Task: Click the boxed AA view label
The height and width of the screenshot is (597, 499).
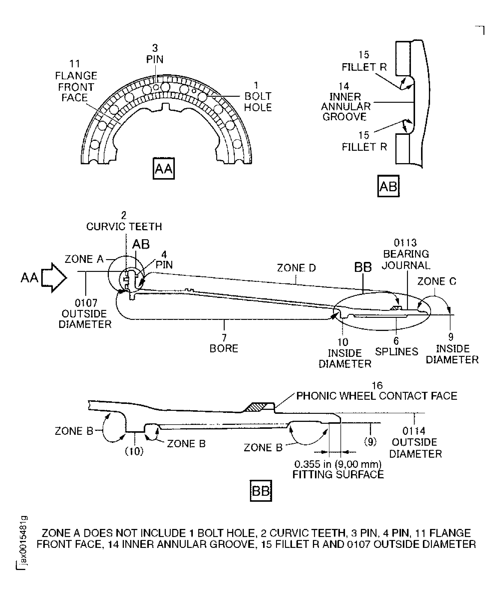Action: [x=164, y=169]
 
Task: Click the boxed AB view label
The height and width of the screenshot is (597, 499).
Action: [x=388, y=186]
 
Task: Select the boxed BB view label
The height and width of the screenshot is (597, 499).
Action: [x=261, y=491]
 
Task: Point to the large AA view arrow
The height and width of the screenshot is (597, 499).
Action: [x=54, y=277]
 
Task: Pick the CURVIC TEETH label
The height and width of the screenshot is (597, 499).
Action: [x=124, y=226]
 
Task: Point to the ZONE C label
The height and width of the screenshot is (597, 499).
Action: [x=436, y=281]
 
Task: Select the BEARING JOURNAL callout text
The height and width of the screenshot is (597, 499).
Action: [x=406, y=259]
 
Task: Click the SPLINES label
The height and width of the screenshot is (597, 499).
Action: [x=397, y=352]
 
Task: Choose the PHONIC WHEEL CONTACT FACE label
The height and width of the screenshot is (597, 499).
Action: [x=376, y=396]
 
